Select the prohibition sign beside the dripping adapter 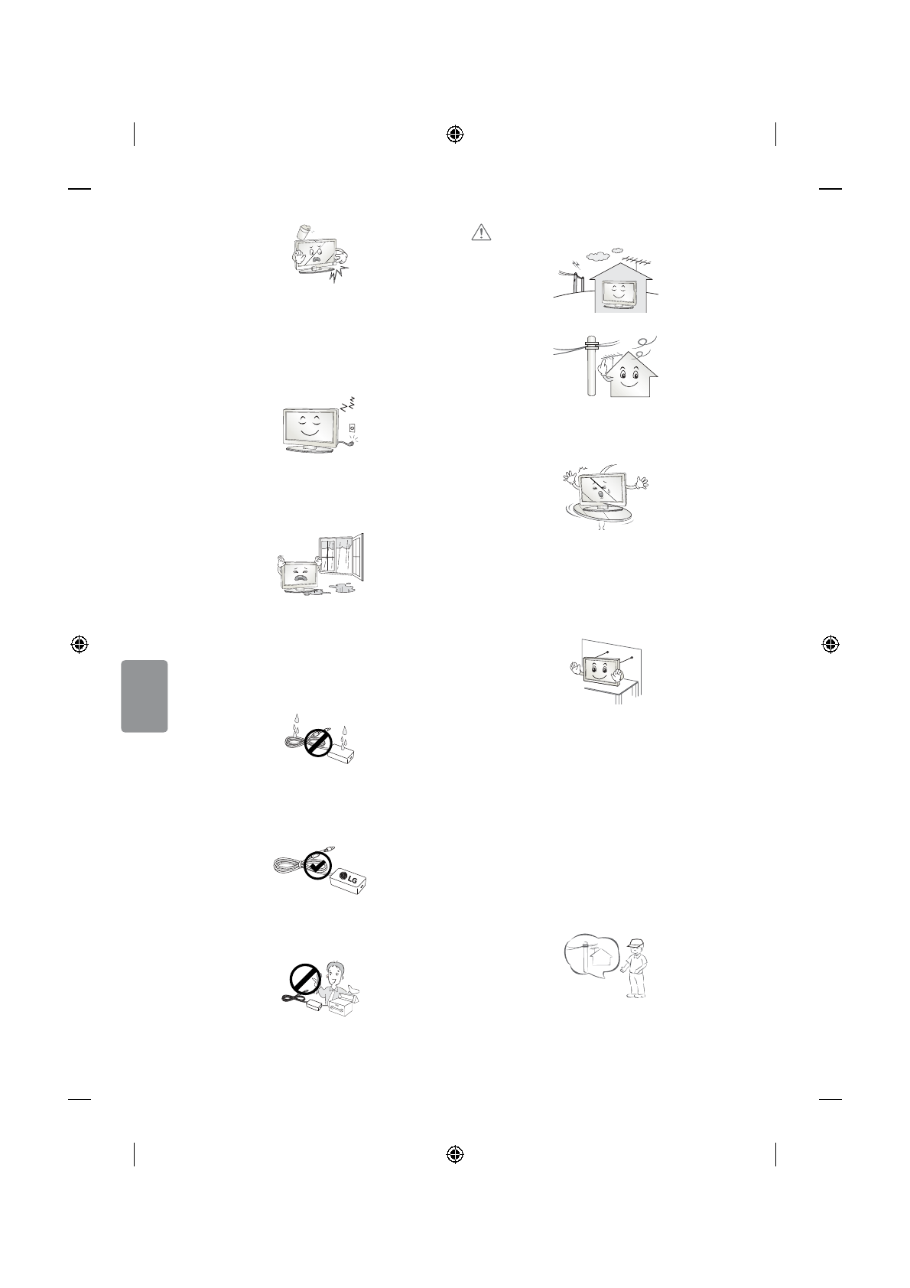317,741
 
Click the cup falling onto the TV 305,230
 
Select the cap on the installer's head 635,945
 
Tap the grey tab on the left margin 145,696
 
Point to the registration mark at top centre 455,135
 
